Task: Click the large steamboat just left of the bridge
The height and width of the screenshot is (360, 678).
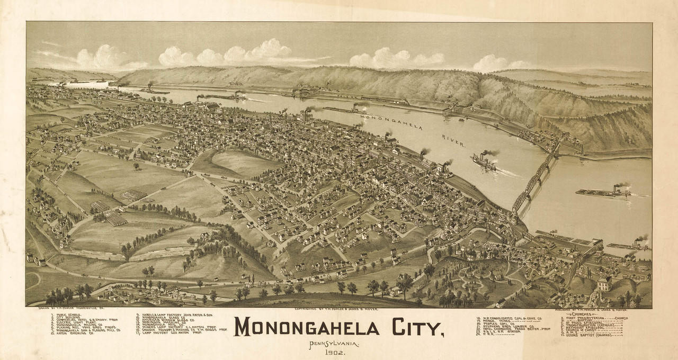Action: coord(485,161)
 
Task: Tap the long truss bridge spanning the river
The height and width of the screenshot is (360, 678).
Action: coord(535,180)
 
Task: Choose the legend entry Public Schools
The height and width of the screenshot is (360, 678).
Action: coord(66,314)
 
